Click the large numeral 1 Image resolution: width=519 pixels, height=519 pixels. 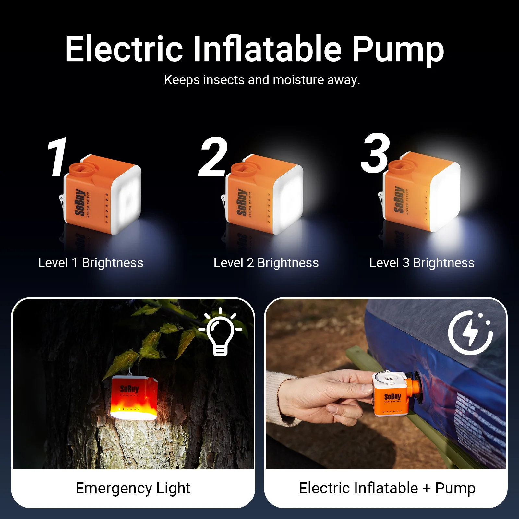point(57,157)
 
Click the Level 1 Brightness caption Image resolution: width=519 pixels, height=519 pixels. point(91,263)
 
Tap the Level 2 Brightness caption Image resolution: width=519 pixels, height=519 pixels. point(266,263)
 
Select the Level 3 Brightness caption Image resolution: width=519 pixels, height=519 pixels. point(422,263)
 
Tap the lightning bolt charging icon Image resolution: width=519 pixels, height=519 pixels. point(470,332)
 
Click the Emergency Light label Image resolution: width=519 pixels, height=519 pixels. point(133,488)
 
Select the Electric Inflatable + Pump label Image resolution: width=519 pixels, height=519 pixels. point(387,488)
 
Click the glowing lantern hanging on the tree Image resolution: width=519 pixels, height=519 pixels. point(134,397)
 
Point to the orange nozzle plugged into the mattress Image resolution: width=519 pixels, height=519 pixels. point(414,388)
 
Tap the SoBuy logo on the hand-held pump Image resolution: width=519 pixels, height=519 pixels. point(392,397)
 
